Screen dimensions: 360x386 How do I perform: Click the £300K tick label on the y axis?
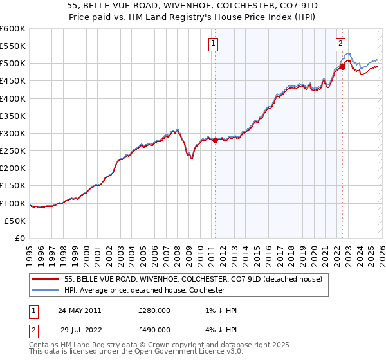click(x=13, y=134)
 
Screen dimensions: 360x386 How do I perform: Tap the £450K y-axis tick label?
click(x=13, y=81)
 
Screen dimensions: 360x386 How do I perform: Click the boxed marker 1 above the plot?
click(x=213, y=44)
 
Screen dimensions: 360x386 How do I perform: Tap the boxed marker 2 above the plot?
click(x=340, y=44)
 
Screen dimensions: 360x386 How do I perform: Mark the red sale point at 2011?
click(x=215, y=141)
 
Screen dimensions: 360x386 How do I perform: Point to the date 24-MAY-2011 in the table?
click(x=79, y=310)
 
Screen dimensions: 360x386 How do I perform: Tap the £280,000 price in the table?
click(x=154, y=310)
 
